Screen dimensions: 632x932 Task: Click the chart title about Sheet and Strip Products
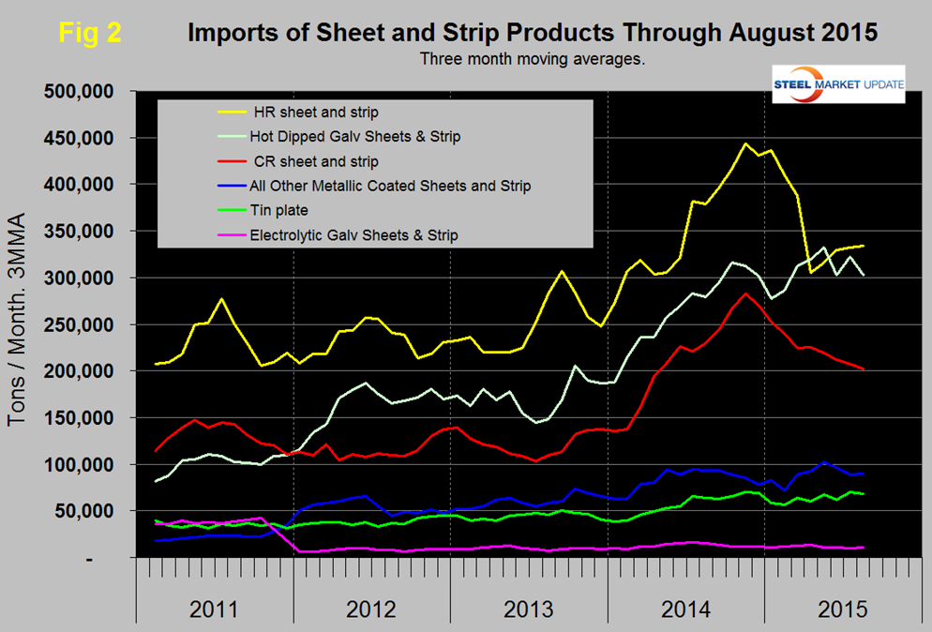[533, 33]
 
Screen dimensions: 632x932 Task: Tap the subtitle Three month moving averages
[532, 59]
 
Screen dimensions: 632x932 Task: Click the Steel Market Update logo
[836, 84]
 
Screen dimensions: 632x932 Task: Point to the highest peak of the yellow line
[745, 143]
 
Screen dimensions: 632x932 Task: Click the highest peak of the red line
[745, 293]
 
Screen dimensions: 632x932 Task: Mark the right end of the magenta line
[863, 547]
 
